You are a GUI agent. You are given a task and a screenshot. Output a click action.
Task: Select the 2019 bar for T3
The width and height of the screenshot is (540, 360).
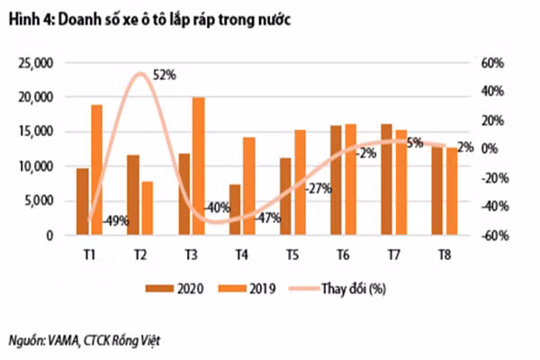click(198, 166)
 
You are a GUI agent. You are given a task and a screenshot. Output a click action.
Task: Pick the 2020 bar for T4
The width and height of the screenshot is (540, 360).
click(235, 211)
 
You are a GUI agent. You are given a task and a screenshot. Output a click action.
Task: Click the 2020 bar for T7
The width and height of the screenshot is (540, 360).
click(386, 180)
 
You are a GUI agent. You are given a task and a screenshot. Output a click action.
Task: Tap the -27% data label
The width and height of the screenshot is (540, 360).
click(319, 189)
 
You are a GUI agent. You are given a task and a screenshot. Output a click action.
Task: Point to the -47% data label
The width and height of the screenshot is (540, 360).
click(269, 219)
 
